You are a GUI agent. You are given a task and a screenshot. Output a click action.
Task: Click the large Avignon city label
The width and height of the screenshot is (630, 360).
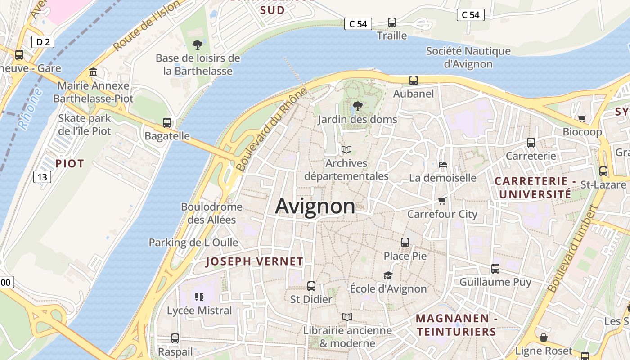315,207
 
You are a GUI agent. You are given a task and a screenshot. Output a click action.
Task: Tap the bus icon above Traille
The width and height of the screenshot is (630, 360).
392,22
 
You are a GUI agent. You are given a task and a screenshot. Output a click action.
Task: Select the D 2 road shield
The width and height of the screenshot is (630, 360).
43,42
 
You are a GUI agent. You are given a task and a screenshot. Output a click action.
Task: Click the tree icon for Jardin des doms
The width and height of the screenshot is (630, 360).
357,106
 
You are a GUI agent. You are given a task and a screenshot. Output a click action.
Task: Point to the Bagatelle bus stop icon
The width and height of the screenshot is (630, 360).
167,122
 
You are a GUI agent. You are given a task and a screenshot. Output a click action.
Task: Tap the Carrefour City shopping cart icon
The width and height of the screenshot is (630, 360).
442,201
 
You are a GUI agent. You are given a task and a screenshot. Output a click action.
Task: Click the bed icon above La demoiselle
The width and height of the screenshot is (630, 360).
443,165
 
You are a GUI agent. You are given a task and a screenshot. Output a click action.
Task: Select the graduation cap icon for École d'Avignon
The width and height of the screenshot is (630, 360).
388,275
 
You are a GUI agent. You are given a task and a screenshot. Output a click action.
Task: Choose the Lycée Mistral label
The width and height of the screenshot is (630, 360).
199,310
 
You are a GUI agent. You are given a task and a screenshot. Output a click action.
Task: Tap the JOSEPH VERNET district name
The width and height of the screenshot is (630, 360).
255,261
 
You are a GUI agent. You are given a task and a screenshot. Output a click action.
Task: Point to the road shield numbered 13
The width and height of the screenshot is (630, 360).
42,177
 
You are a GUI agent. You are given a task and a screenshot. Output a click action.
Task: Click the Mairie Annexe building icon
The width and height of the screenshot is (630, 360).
93,72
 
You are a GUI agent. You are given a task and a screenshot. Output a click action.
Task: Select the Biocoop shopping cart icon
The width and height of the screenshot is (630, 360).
582,118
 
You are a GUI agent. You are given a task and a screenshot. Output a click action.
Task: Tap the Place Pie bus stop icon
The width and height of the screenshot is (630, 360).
405,243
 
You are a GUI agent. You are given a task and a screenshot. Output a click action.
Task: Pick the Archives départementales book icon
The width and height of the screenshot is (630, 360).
346,149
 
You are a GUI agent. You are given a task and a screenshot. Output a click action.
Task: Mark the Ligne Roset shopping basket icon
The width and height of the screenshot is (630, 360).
544,337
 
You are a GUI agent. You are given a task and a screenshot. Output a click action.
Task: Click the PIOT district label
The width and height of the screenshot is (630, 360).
70,163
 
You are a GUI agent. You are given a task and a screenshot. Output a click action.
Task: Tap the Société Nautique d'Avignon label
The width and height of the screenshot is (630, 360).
468,57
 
